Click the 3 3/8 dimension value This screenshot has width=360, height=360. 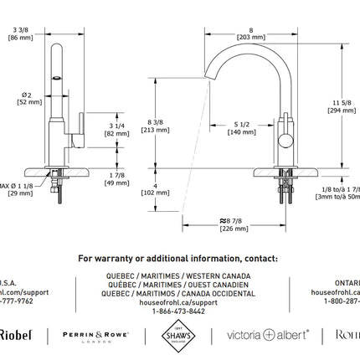(18, 29)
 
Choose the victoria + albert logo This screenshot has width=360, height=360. (268, 335)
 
